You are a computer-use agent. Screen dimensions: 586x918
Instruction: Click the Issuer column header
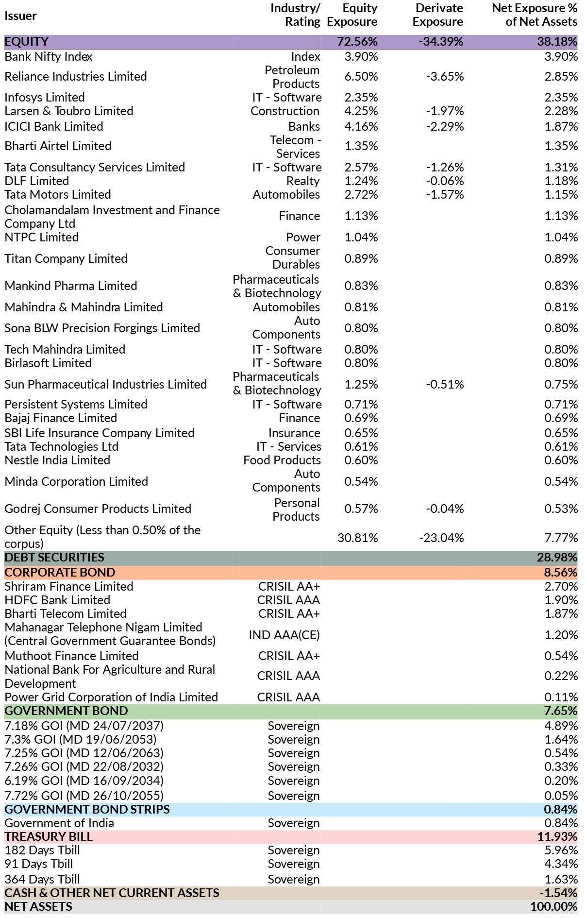pos(20,16)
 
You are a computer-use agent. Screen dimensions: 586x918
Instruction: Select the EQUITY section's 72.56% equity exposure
pos(357,42)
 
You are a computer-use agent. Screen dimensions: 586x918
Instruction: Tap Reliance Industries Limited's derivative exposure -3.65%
pos(445,77)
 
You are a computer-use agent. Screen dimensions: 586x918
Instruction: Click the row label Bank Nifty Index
pos(49,57)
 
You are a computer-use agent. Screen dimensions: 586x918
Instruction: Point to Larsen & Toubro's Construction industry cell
pos(285,111)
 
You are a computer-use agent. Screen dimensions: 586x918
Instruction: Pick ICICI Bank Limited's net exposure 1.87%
pos(561,127)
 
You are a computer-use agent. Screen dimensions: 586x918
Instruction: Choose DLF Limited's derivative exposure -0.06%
pos(445,181)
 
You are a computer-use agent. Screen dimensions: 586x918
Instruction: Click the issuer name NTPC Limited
pos(42,238)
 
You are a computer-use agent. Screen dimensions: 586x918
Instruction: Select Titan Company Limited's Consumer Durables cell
pos(293,258)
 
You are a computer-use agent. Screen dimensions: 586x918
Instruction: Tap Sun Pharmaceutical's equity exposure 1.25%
pos(361,385)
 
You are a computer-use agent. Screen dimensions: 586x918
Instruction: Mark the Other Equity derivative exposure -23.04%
pos(441,538)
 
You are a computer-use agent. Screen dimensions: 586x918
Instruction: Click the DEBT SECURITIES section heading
pos(54,558)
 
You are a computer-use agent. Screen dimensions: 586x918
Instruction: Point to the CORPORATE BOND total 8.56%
pos(561,573)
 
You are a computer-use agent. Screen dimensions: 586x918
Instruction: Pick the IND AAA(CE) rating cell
pos(285,635)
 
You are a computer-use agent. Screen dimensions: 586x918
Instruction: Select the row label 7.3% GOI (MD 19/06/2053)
pos(81,740)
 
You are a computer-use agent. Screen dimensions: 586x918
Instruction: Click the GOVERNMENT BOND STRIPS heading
pos(87,810)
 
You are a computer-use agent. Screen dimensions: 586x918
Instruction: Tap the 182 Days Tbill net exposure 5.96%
pos(561,850)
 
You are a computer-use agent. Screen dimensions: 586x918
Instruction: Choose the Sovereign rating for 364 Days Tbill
pos(294,880)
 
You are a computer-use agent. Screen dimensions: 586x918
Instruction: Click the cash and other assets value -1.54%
pos(558,893)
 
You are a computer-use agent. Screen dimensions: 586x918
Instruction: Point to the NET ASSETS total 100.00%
pos(554,907)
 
